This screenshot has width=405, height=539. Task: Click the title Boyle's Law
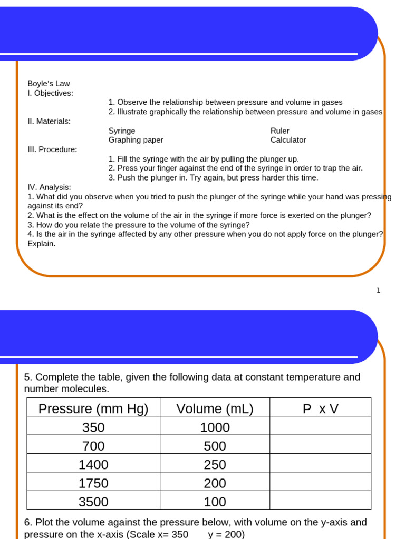pyautogui.click(x=49, y=84)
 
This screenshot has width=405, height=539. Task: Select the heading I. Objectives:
pyautogui.click(x=51, y=93)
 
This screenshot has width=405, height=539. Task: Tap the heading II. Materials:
pyautogui.click(x=49, y=122)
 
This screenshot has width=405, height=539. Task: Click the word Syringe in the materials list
pyautogui.click(x=122, y=131)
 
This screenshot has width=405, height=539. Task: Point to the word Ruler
pyautogui.click(x=279, y=131)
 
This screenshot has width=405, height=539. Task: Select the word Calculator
pyautogui.click(x=288, y=140)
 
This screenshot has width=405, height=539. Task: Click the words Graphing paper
pyautogui.click(x=136, y=140)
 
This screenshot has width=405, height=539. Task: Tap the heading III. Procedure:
pyautogui.click(x=52, y=149)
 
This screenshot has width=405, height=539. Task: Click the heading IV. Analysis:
pyautogui.click(x=49, y=187)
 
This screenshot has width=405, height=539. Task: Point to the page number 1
pyautogui.click(x=378, y=290)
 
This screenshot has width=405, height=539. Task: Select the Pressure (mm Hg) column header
pyautogui.click(x=93, y=409)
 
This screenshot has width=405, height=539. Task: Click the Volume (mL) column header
pyautogui.click(x=215, y=409)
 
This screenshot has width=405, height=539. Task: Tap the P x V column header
pyautogui.click(x=320, y=409)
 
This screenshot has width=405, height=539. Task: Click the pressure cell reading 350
pyautogui.click(x=93, y=427)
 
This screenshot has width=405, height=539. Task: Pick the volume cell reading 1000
pyautogui.click(x=215, y=427)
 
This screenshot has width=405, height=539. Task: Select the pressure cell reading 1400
pyautogui.click(x=93, y=465)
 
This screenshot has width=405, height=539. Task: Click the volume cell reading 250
pyautogui.click(x=215, y=465)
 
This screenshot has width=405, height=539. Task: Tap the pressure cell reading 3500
pyautogui.click(x=93, y=502)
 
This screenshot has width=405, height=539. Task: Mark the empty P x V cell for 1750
pyautogui.click(x=320, y=483)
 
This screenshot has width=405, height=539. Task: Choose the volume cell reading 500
pyautogui.click(x=215, y=446)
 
